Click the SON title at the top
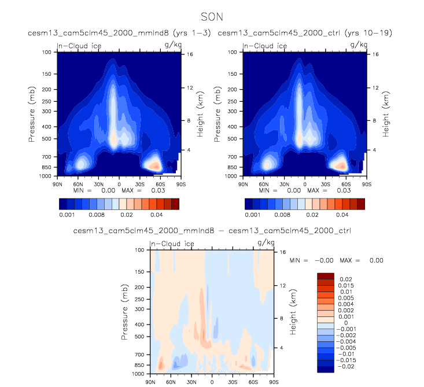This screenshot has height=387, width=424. click(x=211, y=17)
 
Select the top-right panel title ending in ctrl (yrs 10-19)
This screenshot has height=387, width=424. click(x=304, y=33)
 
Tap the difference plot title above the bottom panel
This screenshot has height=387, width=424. click(x=212, y=231)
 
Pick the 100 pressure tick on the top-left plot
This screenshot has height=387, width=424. click(x=46, y=52)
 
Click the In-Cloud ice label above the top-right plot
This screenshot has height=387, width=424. click(x=264, y=46)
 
